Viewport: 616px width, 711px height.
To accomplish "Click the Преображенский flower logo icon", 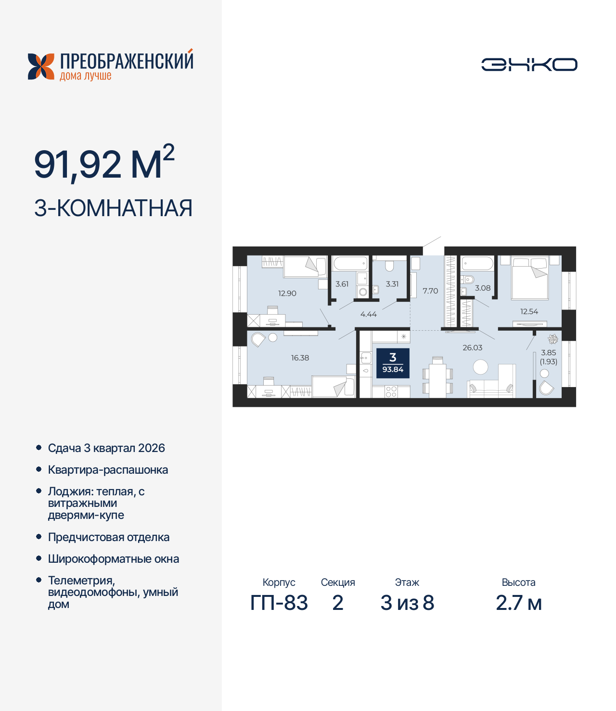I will (41, 66).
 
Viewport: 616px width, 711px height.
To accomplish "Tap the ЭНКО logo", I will (529, 65).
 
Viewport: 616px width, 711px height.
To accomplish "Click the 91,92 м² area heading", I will (104, 164).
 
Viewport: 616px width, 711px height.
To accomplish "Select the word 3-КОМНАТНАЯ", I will (113, 208).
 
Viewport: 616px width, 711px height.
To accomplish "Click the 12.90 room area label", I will (287, 293).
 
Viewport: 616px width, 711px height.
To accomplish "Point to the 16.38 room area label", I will (300, 358).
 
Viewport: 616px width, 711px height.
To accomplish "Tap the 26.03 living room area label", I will (472, 348).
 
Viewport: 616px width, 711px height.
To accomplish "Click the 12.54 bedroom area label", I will (529, 311).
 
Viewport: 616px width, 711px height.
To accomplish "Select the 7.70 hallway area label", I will (430, 291).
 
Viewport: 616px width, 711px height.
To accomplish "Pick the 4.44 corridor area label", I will (369, 314).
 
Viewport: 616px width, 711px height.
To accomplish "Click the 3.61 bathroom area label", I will (342, 284).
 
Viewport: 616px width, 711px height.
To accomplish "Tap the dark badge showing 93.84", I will (393, 363).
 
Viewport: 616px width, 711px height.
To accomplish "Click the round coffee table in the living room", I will (480, 367).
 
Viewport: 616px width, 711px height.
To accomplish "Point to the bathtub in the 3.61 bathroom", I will (350, 263).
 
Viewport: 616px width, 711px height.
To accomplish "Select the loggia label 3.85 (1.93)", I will (548, 357).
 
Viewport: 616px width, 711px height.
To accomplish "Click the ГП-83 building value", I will (279, 603).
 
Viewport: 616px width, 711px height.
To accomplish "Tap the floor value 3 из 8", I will (407, 603).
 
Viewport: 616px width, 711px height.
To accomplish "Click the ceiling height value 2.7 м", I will (519, 603).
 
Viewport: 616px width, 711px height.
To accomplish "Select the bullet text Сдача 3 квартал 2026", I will (106, 448).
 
